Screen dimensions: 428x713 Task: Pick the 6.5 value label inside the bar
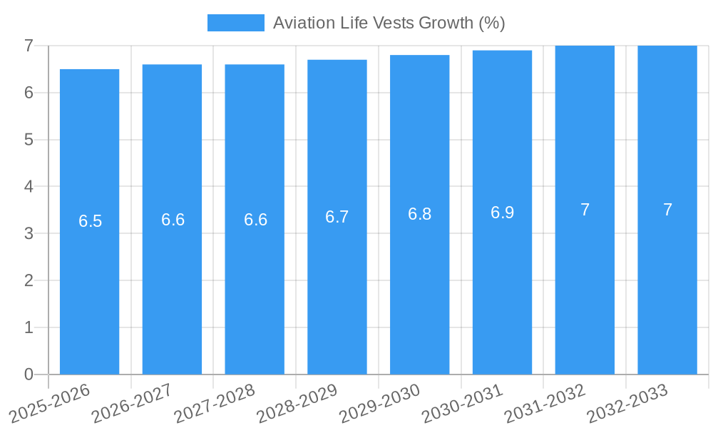[x=91, y=221]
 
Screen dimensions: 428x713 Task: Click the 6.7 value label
[x=337, y=217]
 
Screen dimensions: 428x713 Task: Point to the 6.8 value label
[x=420, y=214]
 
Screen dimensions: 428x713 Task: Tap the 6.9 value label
[x=503, y=212]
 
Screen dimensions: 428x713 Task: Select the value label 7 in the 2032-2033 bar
[x=667, y=210]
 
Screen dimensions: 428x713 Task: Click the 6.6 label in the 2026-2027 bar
[x=173, y=220]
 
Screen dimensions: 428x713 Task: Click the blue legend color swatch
[x=235, y=23]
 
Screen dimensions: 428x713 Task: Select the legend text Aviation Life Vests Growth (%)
[x=389, y=23]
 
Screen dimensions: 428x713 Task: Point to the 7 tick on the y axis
[x=29, y=46]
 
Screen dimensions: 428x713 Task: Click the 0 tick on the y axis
[x=29, y=374]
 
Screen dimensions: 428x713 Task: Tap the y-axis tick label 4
[x=29, y=187]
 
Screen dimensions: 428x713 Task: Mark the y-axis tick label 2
[x=29, y=280]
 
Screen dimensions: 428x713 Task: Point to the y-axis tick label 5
[x=29, y=140]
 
